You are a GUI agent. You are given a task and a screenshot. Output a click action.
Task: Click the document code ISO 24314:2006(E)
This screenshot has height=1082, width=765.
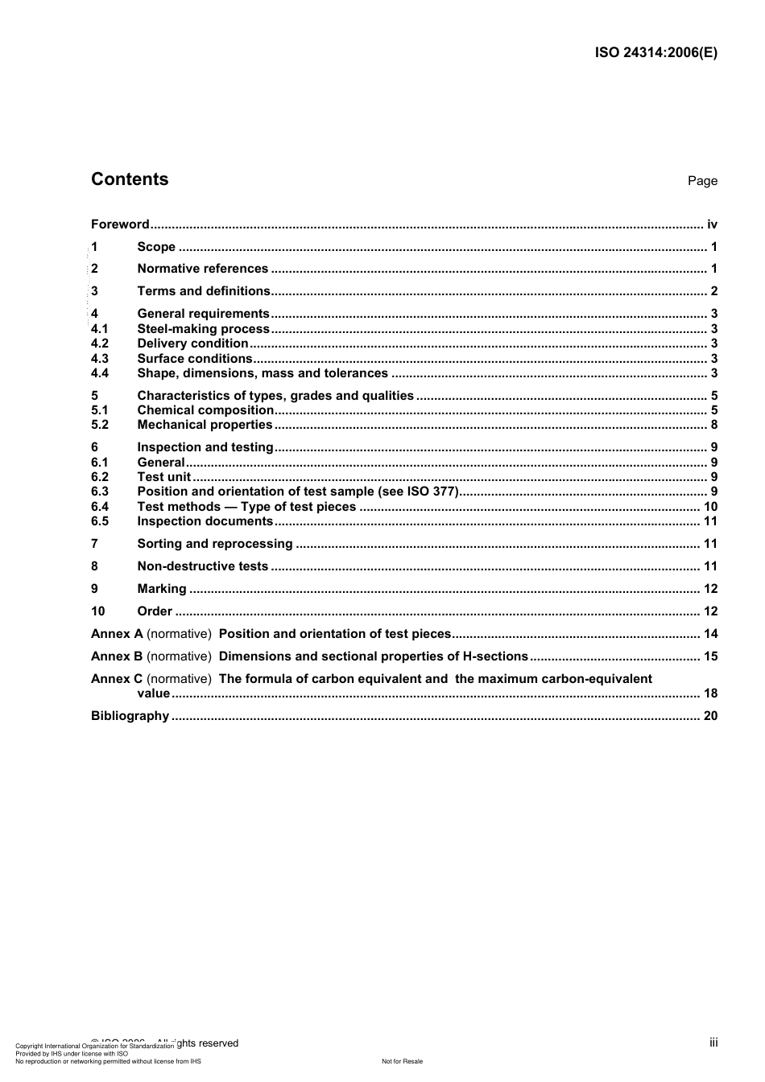655,53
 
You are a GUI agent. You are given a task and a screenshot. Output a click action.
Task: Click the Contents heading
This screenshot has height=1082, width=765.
130,179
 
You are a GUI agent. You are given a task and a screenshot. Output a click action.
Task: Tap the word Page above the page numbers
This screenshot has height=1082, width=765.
702,181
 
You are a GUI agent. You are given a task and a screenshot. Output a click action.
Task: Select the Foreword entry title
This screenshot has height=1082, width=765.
120,224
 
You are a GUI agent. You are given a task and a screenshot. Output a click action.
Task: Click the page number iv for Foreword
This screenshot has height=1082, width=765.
712,224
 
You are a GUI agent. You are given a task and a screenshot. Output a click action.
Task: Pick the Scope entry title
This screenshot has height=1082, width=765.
156,247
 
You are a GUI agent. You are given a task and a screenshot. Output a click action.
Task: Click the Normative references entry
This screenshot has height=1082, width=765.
202,269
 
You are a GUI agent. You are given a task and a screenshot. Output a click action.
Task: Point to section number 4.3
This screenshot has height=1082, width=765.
100,359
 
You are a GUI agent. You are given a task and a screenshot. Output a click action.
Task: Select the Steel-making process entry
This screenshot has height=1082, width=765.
203,329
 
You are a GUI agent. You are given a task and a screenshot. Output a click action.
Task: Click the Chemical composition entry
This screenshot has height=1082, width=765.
205,410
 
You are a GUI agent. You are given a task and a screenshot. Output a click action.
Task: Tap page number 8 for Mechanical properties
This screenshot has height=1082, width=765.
713,425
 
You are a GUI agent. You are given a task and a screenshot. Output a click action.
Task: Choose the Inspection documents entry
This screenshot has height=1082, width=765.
205,521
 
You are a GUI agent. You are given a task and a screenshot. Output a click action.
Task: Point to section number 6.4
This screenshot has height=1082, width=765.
100,507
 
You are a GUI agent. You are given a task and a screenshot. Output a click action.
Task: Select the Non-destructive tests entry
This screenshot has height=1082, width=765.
202,566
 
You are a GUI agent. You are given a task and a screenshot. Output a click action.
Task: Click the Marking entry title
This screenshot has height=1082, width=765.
161,589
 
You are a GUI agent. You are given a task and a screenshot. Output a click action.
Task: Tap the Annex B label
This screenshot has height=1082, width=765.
117,656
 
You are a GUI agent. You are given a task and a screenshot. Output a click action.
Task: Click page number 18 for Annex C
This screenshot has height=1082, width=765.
710,693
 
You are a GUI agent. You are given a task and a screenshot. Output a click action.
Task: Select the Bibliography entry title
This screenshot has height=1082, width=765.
130,716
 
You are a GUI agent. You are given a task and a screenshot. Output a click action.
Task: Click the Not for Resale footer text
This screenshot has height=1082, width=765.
402,1061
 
